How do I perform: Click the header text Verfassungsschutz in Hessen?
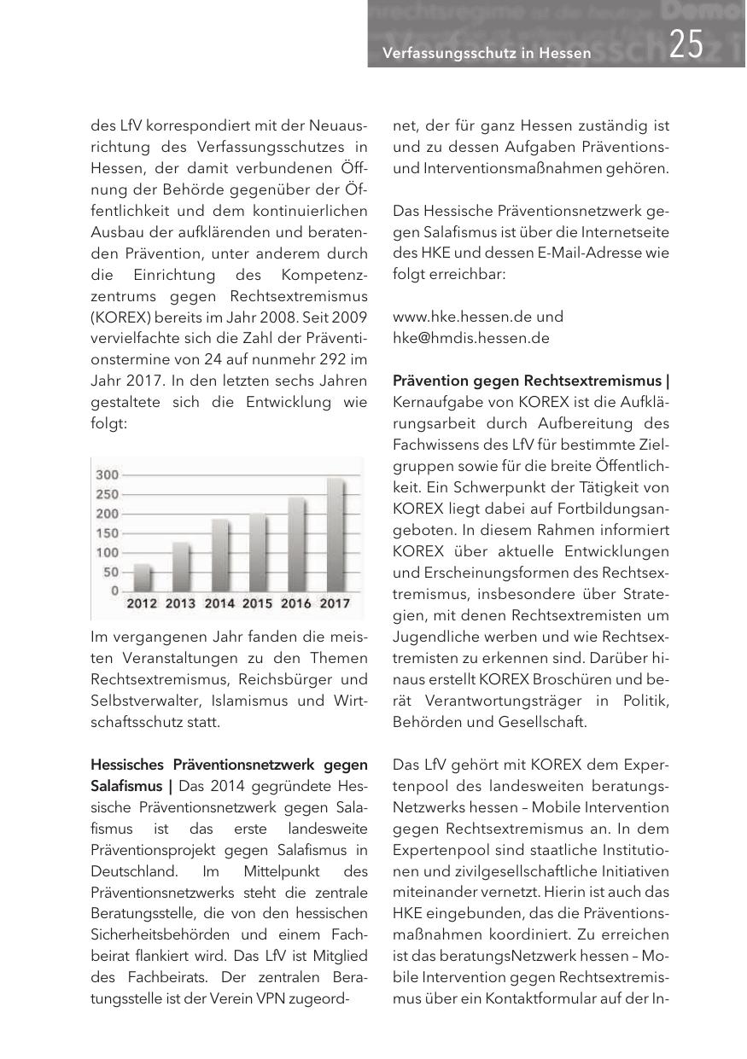point(487,54)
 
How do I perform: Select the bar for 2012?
point(143,578)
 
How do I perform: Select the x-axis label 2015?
point(257,603)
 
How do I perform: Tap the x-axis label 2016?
point(295,603)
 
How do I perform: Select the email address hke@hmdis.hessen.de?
point(470,337)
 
